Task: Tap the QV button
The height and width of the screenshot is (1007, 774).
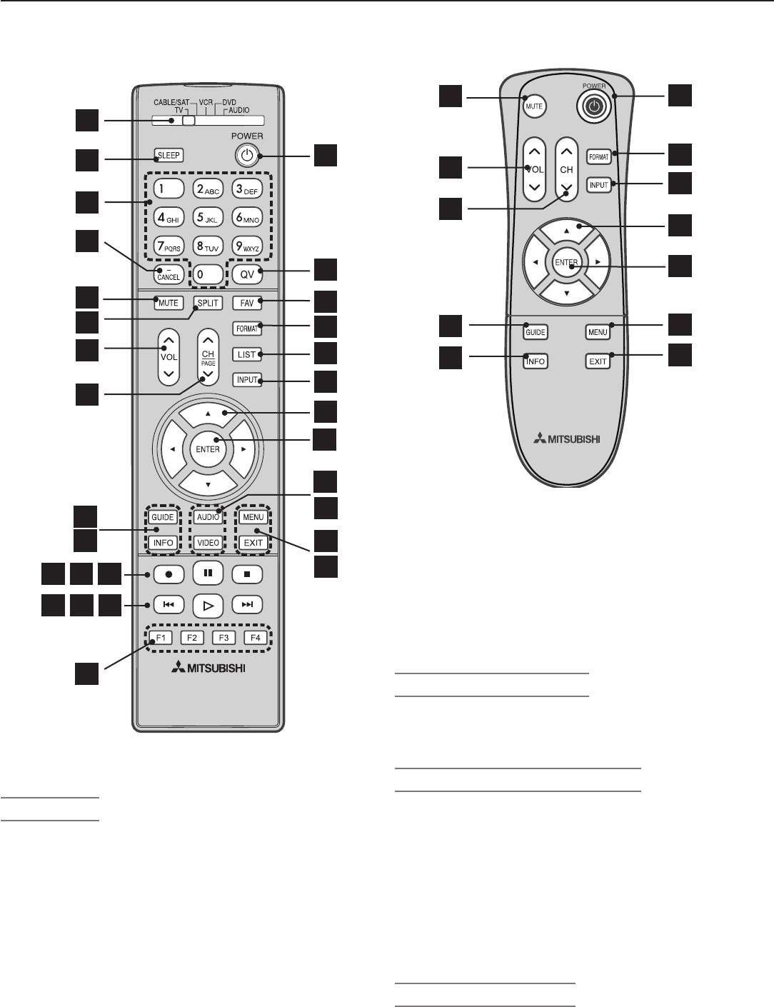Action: (x=247, y=272)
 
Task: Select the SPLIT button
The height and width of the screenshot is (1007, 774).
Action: (x=208, y=303)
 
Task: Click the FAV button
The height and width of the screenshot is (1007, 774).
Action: (x=247, y=303)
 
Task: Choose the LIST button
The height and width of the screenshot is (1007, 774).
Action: (x=247, y=354)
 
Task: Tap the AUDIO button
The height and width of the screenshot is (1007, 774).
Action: (x=208, y=517)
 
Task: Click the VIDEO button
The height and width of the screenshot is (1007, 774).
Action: (x=208, y=543)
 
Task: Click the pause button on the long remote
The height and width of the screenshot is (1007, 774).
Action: (x=208, y=573)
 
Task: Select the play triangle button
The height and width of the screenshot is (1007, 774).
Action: (x=208, y=606)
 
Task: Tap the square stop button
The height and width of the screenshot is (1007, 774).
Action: (x=247, y=573)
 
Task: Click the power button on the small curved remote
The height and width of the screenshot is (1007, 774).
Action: (x=593, y=106)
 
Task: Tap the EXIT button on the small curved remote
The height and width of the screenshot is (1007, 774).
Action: (x=598, y=361)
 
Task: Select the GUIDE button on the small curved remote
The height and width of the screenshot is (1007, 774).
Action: (x=536, y=332)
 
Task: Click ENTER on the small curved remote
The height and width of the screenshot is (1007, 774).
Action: (x=566, y=263)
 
